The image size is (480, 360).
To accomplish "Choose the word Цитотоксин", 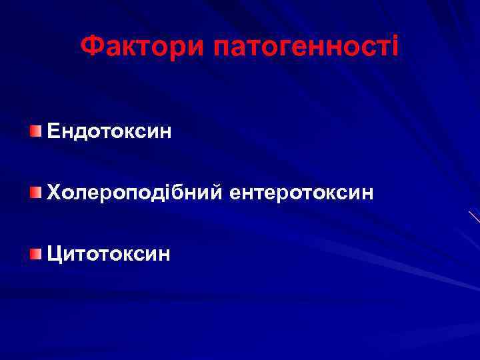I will pos(109,253).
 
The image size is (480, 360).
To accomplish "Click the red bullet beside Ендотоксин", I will pos(35,129).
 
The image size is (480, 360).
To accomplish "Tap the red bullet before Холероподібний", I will pos(35,193).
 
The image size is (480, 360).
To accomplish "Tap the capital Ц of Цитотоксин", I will pos(54,253).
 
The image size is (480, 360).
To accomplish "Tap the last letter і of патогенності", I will pos(395,46).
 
